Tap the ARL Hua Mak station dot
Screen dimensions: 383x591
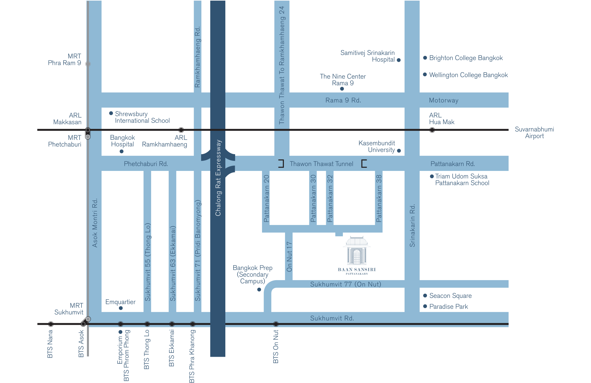coord(432,130)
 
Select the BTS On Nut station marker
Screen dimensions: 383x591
coord(276,324)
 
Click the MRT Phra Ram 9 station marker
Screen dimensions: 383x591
coord(88,64)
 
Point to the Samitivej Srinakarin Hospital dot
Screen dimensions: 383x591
coord(399,60)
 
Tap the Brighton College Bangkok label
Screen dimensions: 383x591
coord(466,58)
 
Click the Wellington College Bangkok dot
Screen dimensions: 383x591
coord(425,75)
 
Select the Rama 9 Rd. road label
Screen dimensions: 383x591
coord(343,100)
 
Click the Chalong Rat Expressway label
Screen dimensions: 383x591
coord(218,178)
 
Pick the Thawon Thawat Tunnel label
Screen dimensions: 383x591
coord(321,164)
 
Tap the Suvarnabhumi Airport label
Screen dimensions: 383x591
coord(534,133)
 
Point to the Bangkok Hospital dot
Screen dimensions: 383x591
coord(121,151)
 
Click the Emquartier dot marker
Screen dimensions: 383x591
coord(121,308)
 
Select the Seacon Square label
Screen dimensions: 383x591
coord(450,296)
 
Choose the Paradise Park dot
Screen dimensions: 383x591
coord(425,306)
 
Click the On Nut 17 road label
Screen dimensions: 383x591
coord(289,257)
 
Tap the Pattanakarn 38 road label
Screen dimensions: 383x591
coord(379,198)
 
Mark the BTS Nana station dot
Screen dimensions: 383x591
coord(51,324)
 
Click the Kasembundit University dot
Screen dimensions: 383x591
coord(399,151)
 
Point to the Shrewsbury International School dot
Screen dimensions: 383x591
coord(111,113)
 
